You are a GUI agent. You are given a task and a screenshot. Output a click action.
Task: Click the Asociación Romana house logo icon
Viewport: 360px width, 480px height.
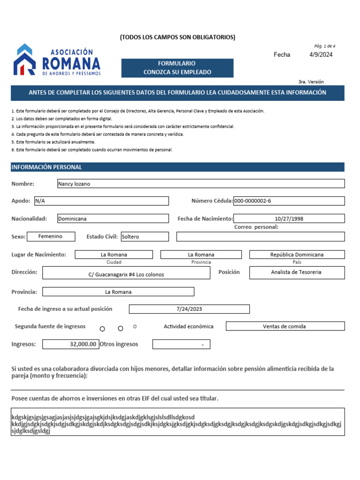click(24, 60)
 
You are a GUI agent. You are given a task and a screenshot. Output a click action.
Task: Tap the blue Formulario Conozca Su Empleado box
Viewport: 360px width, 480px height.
click(177, 68)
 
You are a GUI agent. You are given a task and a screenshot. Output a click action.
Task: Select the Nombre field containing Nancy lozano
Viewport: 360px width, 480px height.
click(201, 184)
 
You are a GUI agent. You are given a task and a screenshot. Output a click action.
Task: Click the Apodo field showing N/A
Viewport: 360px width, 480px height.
click(101, 201)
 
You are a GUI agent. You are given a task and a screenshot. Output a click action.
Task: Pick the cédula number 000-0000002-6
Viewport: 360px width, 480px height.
click(289, 201)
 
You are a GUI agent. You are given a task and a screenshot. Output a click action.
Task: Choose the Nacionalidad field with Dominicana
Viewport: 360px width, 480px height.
click(112, 218)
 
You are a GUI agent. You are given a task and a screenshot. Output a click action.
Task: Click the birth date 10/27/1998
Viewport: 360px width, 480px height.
click(289, 218)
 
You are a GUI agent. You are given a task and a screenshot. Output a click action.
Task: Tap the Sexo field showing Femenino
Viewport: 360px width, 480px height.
click(50, 236)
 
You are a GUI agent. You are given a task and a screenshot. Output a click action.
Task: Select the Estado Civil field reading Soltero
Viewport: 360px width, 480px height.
click(144, 237)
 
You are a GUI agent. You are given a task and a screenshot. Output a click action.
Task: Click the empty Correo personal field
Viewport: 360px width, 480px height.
click(260, 237)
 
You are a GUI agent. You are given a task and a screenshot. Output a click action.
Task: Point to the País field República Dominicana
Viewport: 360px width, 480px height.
click(297, 255)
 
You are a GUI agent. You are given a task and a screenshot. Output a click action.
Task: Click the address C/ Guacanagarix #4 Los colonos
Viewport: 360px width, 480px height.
click(126, 274)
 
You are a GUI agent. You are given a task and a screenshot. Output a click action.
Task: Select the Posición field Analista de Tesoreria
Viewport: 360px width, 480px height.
click(297, 272)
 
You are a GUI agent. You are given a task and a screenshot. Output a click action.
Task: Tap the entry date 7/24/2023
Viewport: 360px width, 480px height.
click(189, 309)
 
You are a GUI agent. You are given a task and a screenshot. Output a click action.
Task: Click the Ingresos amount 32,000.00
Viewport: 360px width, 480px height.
click(70, 344)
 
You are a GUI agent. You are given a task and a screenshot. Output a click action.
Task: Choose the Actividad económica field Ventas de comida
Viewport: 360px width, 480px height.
click(285, 326)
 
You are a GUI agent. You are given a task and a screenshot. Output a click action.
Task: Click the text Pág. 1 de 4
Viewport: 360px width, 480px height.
click(324, 46)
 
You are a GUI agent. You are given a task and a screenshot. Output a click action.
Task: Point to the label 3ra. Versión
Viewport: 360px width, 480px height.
click(311, 82)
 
